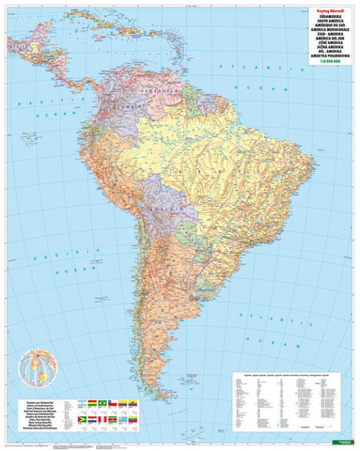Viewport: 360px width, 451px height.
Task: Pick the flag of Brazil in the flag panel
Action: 102,403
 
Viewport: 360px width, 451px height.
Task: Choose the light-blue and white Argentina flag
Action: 82,403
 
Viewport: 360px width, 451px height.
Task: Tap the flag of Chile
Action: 113,403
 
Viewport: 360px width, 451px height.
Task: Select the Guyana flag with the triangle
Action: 82,419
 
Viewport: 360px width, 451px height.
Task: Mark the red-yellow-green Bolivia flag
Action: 92,403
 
